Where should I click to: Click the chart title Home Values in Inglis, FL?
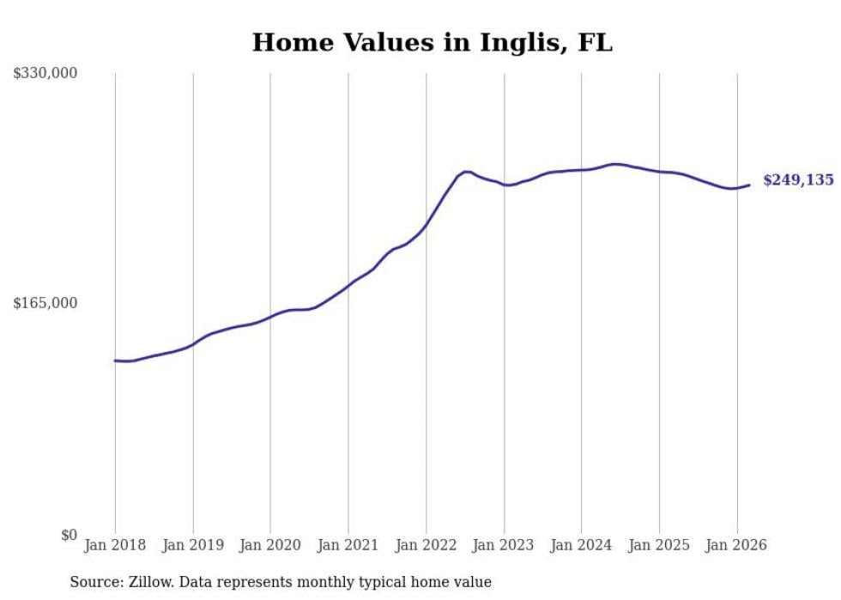(432, 42)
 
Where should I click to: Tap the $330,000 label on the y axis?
(45, 74)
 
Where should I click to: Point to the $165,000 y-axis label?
(45, 303)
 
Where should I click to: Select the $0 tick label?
(69, 535)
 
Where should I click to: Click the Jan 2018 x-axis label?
(115, 545)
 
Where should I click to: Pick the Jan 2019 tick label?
(193, 545)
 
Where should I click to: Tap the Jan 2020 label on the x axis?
(270, 545)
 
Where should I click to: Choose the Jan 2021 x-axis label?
(348, 545)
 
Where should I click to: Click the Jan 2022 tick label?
(426, 545)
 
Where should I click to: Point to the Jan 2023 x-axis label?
(504, 545)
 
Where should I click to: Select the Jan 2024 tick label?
(581, 545)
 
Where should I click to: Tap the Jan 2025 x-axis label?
(659, 545)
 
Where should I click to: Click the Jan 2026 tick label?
(736, 545)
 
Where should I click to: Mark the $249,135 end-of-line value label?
(798, 180)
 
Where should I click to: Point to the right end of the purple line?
(749, 185)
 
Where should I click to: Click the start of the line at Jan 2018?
(115, 361)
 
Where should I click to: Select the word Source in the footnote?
(94, 582)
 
